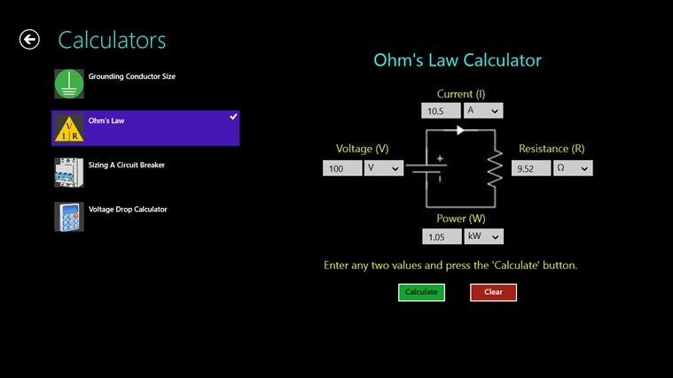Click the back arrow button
29,40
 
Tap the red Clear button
493,292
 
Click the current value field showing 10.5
441,111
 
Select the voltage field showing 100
342,168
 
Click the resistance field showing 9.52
531,168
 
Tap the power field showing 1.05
442,236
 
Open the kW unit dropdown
483,236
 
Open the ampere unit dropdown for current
483,111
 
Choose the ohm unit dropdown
573,168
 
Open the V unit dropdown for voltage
384,168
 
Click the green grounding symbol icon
69,84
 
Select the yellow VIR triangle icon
69,128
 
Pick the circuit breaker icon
69,173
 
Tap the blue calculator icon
69,217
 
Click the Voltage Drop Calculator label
128,209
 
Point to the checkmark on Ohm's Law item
233,117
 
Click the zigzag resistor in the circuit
495,168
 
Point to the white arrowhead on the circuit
460,130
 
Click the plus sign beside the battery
440,158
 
